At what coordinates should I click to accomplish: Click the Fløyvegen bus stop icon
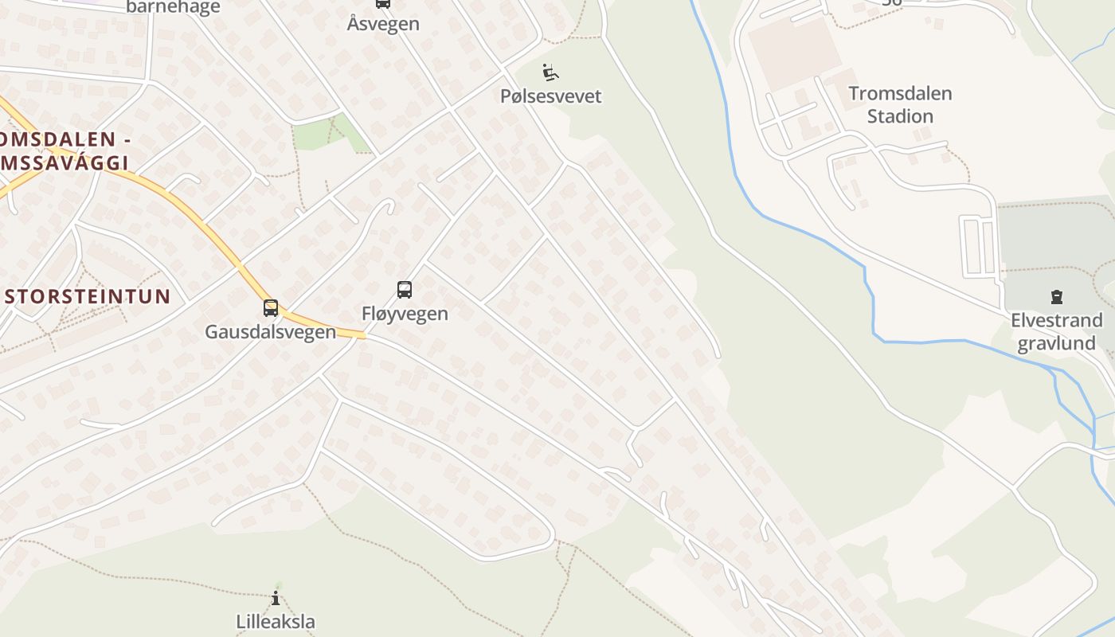tap(405, 290)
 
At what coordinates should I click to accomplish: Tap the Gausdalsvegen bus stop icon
tap(271, 308)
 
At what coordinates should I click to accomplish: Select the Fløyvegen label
tap(405, 314)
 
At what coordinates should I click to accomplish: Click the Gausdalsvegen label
tap(270, 332)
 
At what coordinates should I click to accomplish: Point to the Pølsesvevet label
tap(550, 96)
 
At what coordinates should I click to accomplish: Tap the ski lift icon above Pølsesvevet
tap(550, 72)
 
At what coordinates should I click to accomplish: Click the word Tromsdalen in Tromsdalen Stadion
tap(900, 93)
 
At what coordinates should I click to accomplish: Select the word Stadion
tap(900, 116)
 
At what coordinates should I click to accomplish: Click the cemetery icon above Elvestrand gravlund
tap(1056, 298)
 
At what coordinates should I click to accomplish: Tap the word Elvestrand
tap(1056, 321)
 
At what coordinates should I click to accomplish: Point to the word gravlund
tap(1056, 343)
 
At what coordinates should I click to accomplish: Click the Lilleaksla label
tap(276, 622)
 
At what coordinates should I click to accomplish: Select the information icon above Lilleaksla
tap(276, 599)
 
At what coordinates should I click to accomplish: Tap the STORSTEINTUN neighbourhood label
tap(88, 297)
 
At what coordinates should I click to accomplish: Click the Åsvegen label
tap(383, 24)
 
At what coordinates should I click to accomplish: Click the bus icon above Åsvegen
tap(383, 3)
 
